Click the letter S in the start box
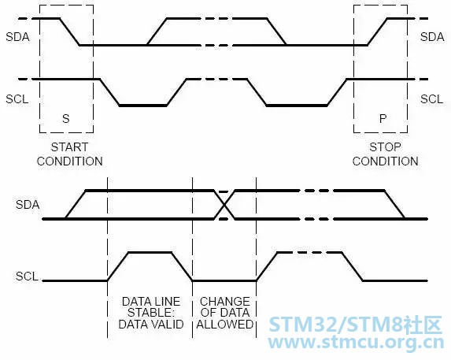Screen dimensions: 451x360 [66, 119]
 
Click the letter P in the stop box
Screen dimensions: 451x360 [383, 119]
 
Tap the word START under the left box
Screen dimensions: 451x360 [69, 147]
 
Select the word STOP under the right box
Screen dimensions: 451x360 [385, 147]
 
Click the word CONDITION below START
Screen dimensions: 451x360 [70, 161]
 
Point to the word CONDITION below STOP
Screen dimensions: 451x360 [386, 161]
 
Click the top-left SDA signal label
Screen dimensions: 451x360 [17, 37]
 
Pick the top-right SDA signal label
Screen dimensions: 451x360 [432, 37]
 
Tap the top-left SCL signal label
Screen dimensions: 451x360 [17, 99]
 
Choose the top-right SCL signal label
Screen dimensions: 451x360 [432, 99]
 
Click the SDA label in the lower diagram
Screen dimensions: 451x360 [28, 205]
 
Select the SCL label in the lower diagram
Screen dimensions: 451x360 [27, 276]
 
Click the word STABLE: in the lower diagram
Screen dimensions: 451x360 [151, 313]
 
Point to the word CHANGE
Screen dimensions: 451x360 [225, 301]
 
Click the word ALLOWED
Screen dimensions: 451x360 [225, 325]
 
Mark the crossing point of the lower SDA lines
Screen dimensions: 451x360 [224, 205]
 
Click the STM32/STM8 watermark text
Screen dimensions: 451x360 [356, 325]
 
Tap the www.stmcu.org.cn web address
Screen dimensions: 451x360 [356, 343]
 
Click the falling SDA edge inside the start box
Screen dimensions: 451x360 [69, 32]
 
